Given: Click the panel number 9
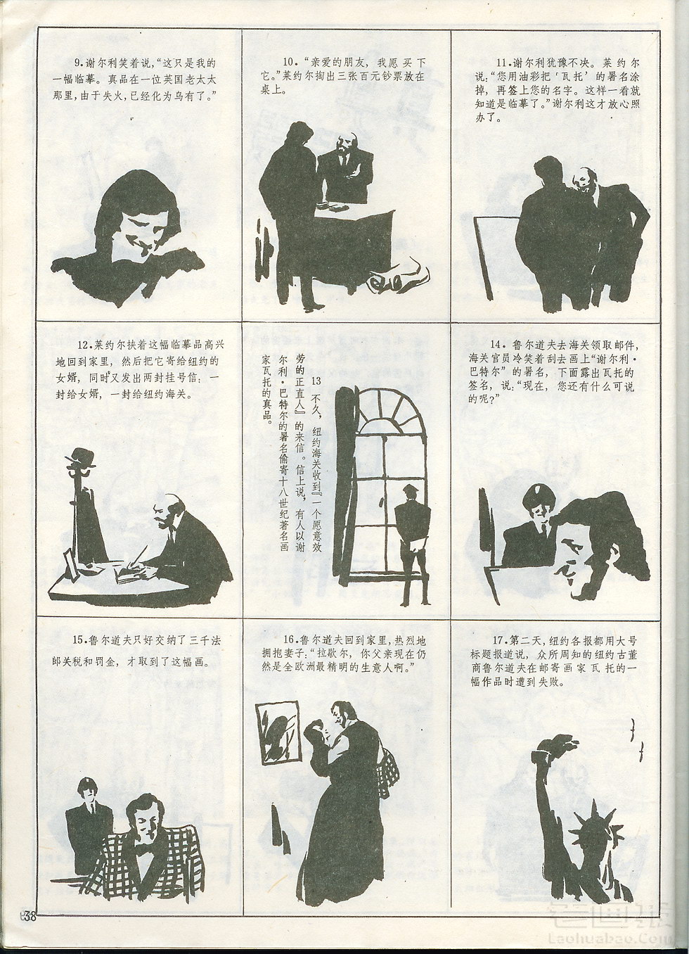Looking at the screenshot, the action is [x=78, y=63].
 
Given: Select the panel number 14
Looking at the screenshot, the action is [x=495, y=345].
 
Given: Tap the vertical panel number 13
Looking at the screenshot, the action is [x=316, y=381].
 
